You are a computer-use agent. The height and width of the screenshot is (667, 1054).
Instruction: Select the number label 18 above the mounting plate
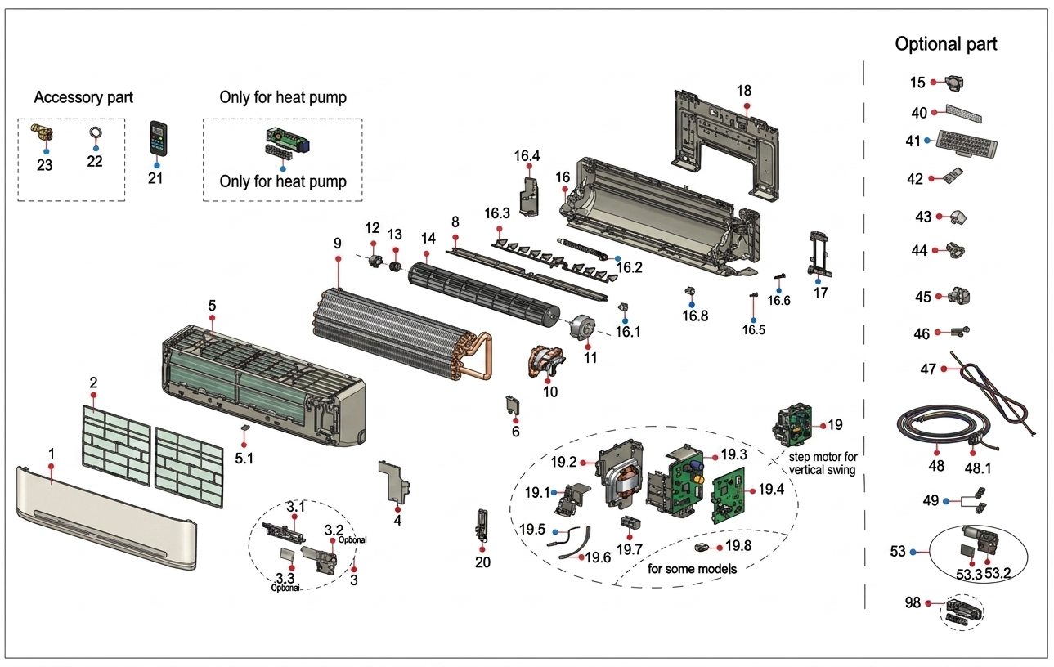[x=743, y=91]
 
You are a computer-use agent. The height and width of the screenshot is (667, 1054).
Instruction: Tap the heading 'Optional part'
[x=946, y=44]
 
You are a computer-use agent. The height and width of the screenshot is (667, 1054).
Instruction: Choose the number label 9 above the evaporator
[x=337, y=244]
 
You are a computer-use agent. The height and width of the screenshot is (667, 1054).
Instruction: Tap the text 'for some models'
[x=691, y=568]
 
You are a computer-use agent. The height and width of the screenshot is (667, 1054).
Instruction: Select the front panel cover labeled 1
[x=106, y=523]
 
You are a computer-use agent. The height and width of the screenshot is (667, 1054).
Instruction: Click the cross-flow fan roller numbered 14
[x=482, y=290]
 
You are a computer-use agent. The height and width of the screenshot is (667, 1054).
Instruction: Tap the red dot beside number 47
[x=944, y=369]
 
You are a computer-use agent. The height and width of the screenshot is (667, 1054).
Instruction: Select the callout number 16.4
[x=527, y=155]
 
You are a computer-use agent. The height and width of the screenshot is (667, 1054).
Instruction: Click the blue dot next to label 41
[x=927, y=141]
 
